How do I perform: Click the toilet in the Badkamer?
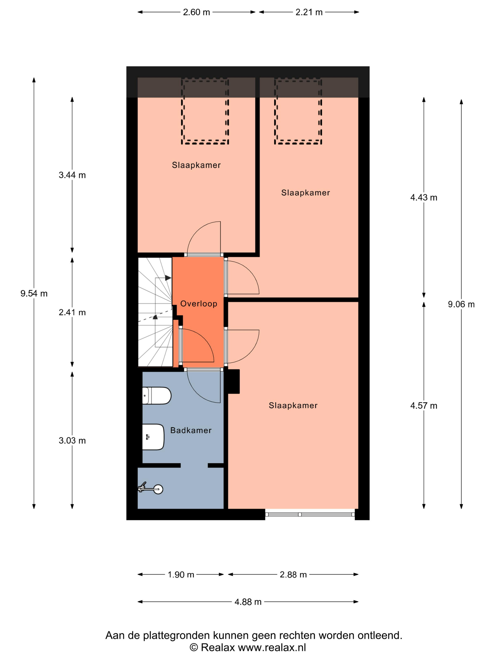pos(156,395)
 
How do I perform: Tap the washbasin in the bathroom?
pos(153,437)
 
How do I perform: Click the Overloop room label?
pos(199,304)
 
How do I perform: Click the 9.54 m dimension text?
pos(34,294)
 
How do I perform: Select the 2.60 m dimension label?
pos(196,12)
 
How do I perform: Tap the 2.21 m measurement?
pos(309,12)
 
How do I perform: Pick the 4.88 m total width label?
pos(248,602)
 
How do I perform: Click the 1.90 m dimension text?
pos(181,574)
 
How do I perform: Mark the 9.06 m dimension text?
pos(461,304)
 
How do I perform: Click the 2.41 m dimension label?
pos(72,312)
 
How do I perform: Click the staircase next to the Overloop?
pos(155,312)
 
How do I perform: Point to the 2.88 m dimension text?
pos(293,574)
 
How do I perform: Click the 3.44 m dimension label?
pos(72,175)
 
